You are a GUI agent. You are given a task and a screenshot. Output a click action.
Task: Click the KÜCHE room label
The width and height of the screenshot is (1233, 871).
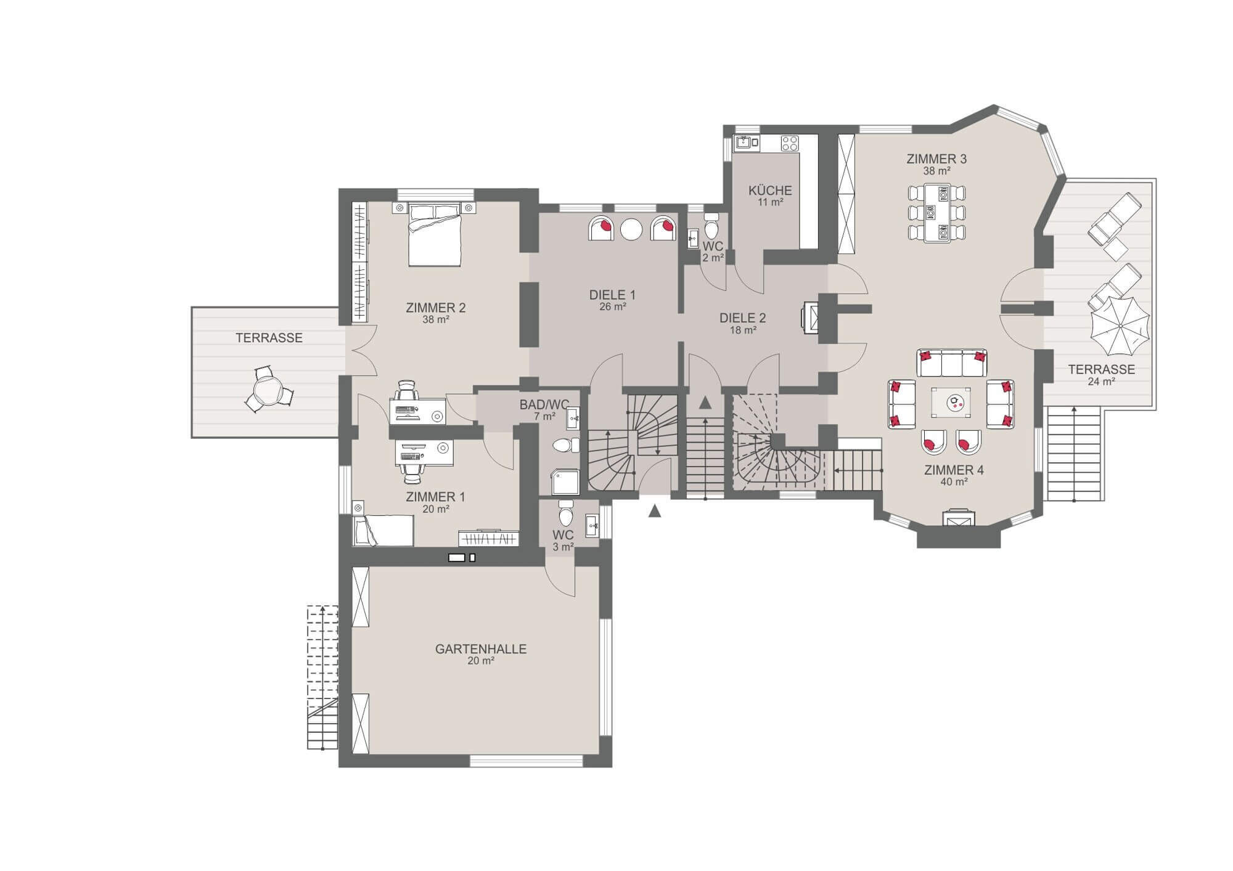pyautogui.click(x=770, y=190)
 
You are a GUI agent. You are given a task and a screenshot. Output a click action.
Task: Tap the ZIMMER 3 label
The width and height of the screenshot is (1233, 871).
pyautogui.click(x=936, y=159)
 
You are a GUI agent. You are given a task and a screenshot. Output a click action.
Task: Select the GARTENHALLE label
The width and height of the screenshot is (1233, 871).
pyautogui.click(x=481, y=649)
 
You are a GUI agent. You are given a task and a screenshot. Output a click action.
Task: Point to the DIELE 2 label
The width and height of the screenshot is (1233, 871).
pyautogui.click(x=743, y=318)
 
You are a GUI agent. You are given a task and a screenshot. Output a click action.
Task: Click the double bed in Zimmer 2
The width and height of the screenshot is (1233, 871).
pyautogui.click(x=435, y=235)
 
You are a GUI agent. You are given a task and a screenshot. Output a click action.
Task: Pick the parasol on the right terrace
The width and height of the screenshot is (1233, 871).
pyautogui.click(x=1120, y=327)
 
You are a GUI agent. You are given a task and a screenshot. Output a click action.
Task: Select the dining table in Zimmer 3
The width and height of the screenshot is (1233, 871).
pyautogui.click(x=936, y=213)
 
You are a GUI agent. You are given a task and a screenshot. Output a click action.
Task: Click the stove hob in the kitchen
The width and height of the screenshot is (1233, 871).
pyautogui.click(x=790, y=143)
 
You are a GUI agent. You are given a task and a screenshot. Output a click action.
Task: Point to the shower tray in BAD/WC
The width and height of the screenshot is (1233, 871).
pyautogui.click(x=565, y=483)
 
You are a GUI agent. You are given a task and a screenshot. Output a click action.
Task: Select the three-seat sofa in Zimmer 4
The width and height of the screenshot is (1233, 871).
pyautogui.click(x=951, y=363)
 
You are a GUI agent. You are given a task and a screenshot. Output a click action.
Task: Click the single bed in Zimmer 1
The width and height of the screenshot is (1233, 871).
pyautogui.click(x=383, y=530)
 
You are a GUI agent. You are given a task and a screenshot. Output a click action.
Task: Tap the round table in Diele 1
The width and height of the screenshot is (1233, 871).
pyautogui.click(x=631, y=229)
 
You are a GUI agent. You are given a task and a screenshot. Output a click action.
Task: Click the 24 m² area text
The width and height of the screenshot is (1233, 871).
pyautogui.click(x=1102, y=382)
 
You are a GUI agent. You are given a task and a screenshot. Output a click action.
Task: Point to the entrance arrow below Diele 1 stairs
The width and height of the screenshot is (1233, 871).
pyautogui.click(x=655, y=511)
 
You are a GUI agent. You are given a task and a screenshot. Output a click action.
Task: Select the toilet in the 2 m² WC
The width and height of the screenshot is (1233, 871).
pyautogui.click(x=711, y=227)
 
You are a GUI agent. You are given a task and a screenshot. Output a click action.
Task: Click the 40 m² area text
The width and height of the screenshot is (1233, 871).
pyautogui.click(x=954, y=482)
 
